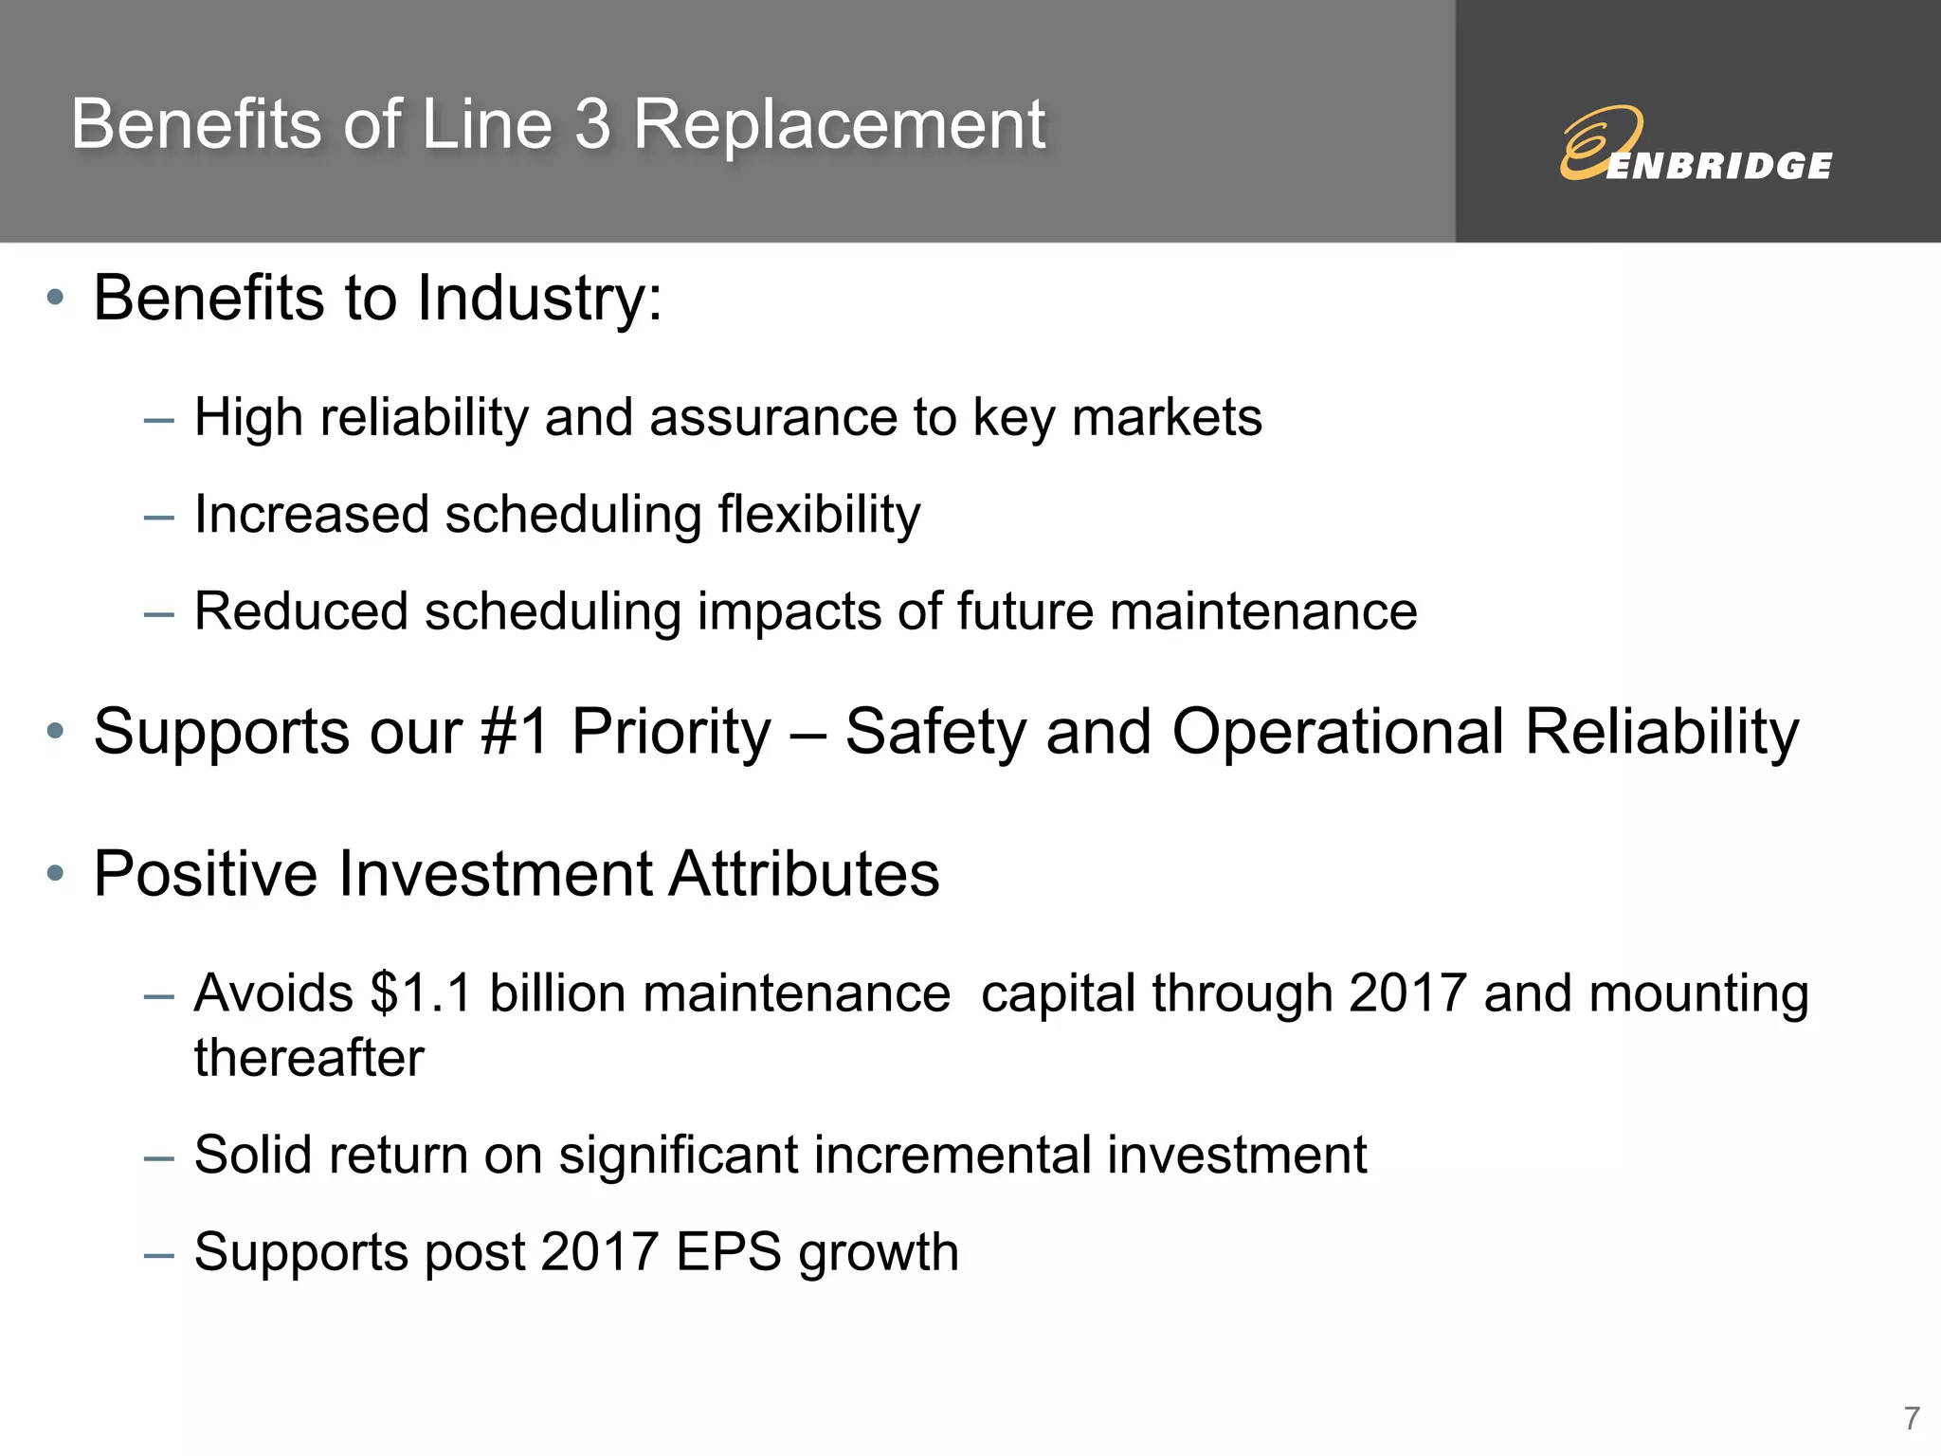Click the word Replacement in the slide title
839,125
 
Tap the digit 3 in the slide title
592,125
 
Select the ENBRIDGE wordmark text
1719,167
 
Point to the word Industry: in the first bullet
539,299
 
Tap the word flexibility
819,515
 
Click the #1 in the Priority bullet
515,732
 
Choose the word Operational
1337,732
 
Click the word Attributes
804,873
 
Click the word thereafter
309,1058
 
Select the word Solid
253,1156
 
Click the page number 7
1912,1419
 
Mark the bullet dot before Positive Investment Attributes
55,873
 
